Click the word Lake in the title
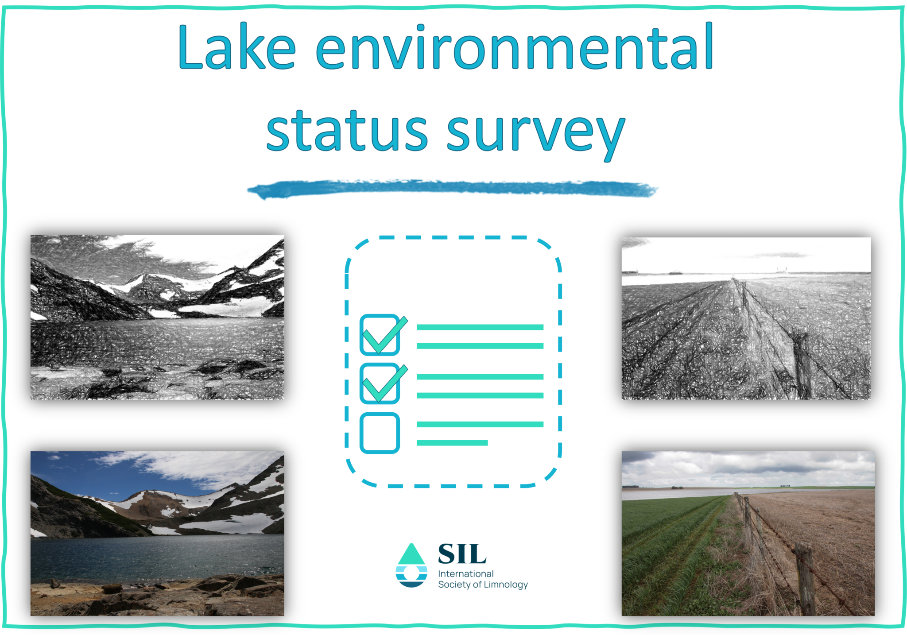click(236, 48)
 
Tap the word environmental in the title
click(514, 48)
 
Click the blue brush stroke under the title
click(452, 190)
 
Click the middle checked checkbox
click(380, 383)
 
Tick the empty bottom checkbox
click(380, 433)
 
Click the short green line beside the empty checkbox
click(452, 443)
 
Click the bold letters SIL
click(462, 554)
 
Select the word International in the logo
click(465, 574)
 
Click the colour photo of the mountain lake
click(157, 533)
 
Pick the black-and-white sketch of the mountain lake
click(157, 317)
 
